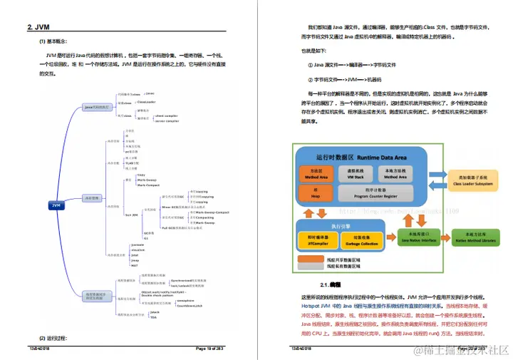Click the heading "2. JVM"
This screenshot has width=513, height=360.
tap(39, 28)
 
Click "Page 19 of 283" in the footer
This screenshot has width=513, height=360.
tap(210, 348)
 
